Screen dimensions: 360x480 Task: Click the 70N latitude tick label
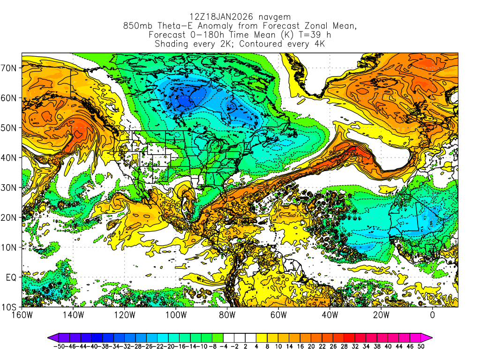[10, 68]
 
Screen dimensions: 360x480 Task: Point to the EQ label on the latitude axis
[11, 277]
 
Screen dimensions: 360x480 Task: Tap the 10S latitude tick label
[10, 307]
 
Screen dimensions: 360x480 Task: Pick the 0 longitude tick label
[433, 315]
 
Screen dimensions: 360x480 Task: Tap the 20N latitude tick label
[10, 217]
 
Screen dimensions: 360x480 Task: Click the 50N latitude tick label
[10, 128]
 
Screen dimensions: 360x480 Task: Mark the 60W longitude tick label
[278, 315]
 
